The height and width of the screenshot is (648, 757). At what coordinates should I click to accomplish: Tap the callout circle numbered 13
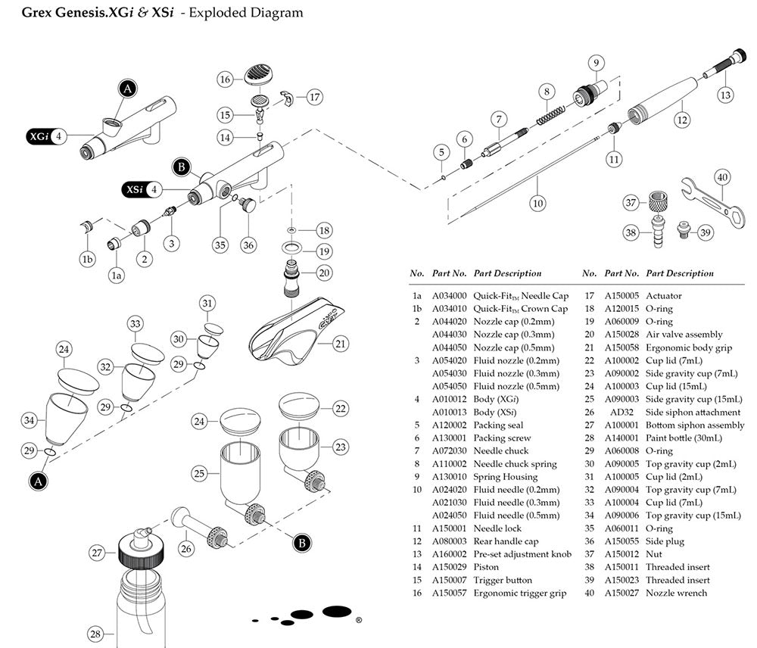coord(725,95)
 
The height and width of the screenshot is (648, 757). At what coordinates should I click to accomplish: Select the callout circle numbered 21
coord(340,344)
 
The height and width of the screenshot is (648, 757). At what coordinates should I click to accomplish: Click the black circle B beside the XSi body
coord(180,166)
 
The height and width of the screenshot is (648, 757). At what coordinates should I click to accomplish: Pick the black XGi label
coord(37,137)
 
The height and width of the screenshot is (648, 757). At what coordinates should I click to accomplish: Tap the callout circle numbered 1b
coord(87,259)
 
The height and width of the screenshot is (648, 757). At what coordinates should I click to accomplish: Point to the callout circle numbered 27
coord(97,553)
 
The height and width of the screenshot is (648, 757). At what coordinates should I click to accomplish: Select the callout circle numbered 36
coord(248,245)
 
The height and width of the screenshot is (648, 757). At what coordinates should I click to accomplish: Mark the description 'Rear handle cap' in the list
coord(504,541)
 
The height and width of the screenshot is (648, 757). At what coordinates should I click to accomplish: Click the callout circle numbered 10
coord(537,203)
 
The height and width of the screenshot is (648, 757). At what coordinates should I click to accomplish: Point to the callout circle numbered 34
coord(29,420)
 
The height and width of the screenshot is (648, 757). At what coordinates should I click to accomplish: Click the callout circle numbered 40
coord(722,177)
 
